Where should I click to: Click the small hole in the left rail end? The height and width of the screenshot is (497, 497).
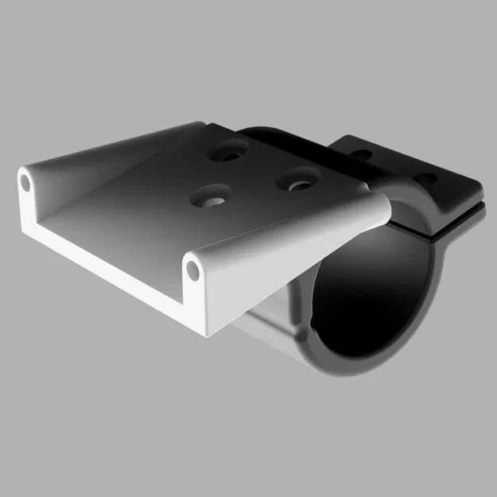pos(25,183)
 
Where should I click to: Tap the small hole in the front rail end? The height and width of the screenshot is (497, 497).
pos(193,270)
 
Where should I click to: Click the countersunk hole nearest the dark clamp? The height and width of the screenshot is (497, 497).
pos(299,182)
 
